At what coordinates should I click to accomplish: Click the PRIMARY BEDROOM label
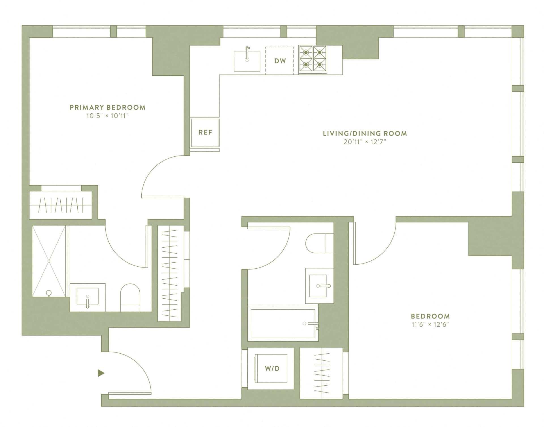point(107,107)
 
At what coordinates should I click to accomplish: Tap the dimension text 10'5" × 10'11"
point(107,116)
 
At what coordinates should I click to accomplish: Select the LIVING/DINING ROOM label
point(365,133)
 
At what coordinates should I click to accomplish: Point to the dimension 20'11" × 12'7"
point(365,142)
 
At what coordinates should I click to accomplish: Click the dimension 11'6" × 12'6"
point(430,325)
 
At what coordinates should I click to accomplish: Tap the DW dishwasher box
point(280,61)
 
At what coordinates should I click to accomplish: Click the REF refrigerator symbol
point(205,133)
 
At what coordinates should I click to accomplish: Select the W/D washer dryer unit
point(272,368)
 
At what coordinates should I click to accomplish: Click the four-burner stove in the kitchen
point(313,60)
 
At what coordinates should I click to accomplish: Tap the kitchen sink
point(247,61)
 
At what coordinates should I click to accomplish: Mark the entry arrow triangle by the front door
point(101,373)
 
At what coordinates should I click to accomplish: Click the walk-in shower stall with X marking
point(49,261)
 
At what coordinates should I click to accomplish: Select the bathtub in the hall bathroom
point(283,324)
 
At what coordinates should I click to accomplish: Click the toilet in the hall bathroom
point(319,243)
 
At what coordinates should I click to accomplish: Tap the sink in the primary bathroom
point(88,298)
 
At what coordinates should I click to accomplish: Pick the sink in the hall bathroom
point(319,286)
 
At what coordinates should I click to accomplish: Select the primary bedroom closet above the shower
point(61,205)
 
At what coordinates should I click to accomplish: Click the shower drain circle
point(49,292)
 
